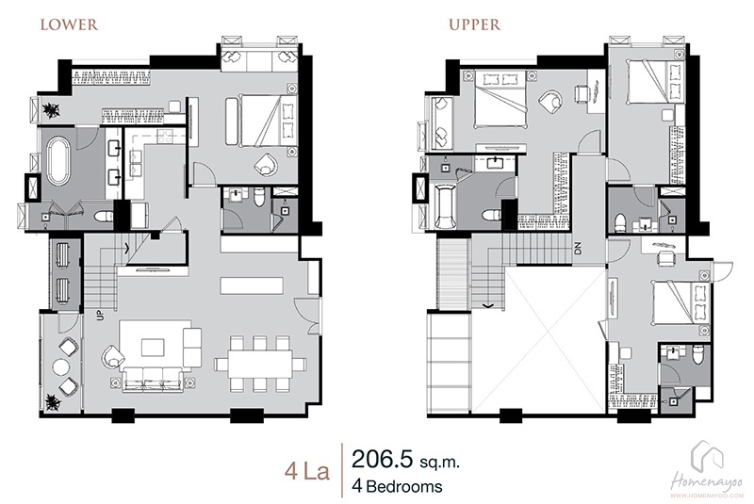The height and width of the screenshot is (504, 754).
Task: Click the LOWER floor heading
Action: (x=69, y=25)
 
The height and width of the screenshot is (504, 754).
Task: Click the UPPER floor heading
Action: (x=475, y=25)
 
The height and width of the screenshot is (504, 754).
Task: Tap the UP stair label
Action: (x=100, y=316)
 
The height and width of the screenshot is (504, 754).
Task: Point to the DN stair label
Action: (x=578, y=248)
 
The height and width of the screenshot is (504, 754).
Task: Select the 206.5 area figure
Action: (x=383, y=460)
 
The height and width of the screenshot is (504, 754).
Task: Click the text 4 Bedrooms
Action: (x=397, y=486)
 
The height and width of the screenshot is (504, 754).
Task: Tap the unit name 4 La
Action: (x=307, y=471)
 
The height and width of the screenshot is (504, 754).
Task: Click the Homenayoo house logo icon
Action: (x=708, y=456)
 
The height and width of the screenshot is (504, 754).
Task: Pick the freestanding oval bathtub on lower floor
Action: (x=58, y=161)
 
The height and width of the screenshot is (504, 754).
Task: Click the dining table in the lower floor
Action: (x=260, y=365)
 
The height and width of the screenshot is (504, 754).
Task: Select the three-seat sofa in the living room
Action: (x=152, y=380)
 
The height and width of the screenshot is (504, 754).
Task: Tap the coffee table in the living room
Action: (x=153, y=348)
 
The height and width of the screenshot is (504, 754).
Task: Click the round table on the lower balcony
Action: (x=61, y=367)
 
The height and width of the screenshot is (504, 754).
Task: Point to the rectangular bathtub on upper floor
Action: (x=445, y=208)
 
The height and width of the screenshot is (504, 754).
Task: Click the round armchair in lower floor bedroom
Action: (x=267, y=164)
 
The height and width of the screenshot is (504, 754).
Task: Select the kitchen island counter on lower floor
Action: (x=251, y=285)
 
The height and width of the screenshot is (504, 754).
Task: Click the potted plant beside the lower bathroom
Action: (x=51, y=111)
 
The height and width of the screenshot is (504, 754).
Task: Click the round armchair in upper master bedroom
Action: (x=550, y=101)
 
